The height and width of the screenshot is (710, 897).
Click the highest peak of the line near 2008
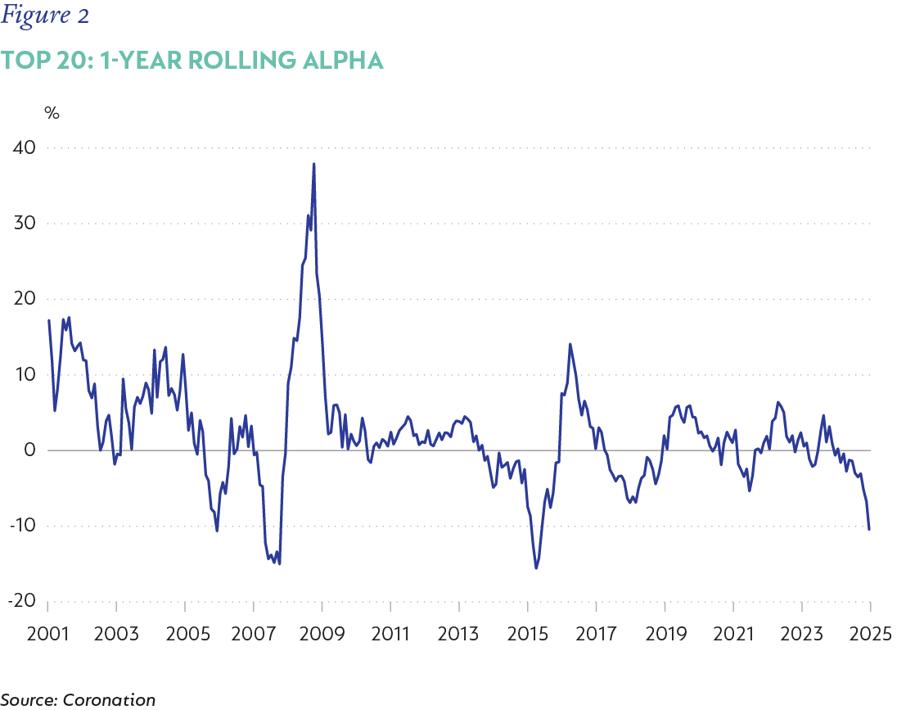coord(313,164)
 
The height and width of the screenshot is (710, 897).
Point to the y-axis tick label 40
coord(23,148)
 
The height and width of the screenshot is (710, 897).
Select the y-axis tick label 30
coord(23,224)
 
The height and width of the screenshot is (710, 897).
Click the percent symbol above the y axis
coord(52,114)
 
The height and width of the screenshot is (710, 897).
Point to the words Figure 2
coord(45,16)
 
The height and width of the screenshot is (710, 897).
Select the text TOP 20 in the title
coord(41,60)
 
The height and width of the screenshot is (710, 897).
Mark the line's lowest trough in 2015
coord(536,568)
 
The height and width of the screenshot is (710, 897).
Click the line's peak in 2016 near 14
coord(570,344)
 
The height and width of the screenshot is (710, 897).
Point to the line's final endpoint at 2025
coord(869,529)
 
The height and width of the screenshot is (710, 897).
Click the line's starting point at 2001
coord(49,320)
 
